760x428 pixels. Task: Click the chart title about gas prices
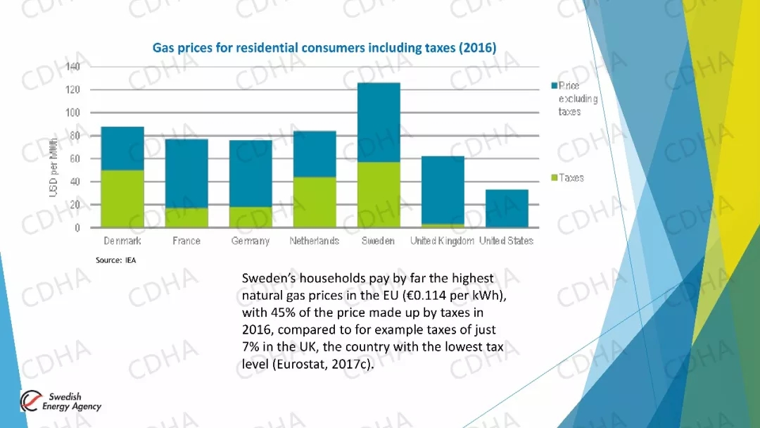[324, 48]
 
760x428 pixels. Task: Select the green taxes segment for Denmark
[123, 199]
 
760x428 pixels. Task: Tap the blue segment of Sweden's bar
[379, 122]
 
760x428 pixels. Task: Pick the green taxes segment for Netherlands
[315, 201]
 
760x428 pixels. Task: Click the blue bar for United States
[507, 208]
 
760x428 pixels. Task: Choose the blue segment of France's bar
[186, 173]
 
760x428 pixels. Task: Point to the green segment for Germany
[251, 217]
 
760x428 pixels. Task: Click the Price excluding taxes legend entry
[577, 99]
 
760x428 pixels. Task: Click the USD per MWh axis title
[53, 167]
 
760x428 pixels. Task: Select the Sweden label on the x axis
[379, 241]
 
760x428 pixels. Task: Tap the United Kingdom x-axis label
[442, 241]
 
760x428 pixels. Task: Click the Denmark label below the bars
[122, 241]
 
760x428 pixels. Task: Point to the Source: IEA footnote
[116, 260]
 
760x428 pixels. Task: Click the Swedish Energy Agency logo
[61, 401]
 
